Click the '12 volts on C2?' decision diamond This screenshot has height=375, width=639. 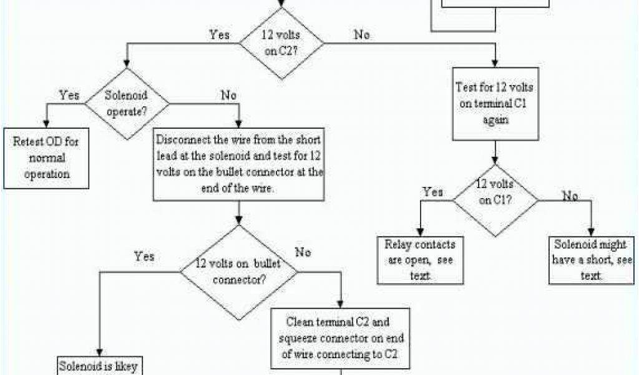pyautogui.click(x=283, y=44)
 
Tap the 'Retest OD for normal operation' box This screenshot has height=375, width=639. pyautogui.click(x=47, y=157)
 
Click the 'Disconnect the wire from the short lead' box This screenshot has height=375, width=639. pyautogui.click(x=239, y=165)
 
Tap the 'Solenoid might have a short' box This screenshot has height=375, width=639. pyautogui.click(x=590, y=259)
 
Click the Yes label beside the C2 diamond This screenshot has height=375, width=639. pyautogui.click(x=220, y=34)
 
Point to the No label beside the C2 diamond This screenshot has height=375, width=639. pyautogui.click(x=361, y=34)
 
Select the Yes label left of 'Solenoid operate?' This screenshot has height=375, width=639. pyautogui.click(x=69, y=95)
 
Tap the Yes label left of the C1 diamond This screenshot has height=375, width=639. pyautogui.click(x=432, y=191)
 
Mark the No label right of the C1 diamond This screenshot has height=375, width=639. pyautogui.click(x=569, y=196)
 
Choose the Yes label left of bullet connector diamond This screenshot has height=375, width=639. pyautogui.click(x=144, y=256)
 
